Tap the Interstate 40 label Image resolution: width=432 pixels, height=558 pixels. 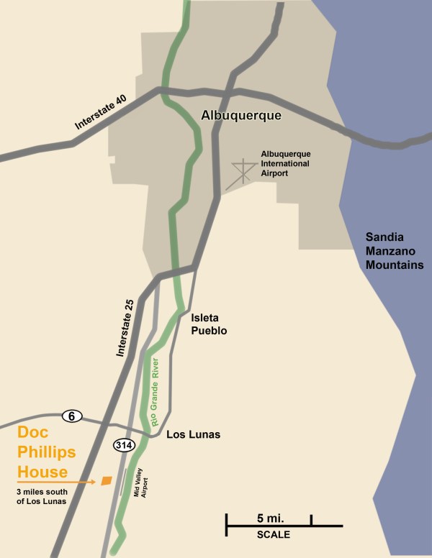click(101, 113)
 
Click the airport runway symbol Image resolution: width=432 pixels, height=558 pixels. click(242, 173)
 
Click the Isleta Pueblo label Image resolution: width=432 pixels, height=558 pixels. click(209, 324)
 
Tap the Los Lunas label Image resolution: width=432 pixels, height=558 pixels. click(193, 435)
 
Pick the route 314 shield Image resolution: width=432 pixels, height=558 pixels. click(123, 446)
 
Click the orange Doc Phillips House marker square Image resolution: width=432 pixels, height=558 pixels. click(107, 480)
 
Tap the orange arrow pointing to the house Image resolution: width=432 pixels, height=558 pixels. click(58, 481)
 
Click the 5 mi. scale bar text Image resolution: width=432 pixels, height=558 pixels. click(268, 518)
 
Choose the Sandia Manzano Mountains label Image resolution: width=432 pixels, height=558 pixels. click(394, 251)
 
